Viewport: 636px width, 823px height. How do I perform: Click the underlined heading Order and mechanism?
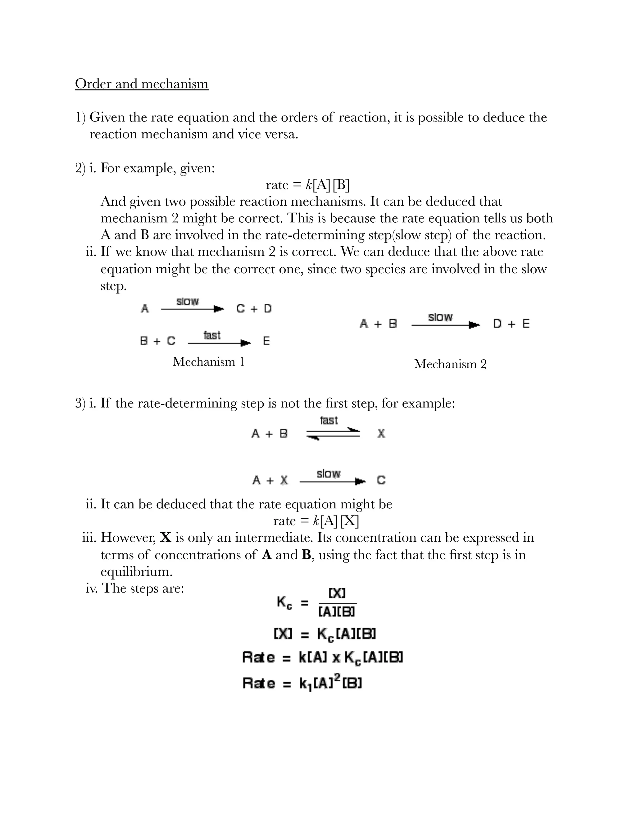point(142,84)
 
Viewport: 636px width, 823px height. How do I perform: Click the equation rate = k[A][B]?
point(307,185)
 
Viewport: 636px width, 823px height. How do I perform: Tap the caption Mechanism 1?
point(208,362)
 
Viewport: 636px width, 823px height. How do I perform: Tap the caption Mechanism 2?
point(450,364)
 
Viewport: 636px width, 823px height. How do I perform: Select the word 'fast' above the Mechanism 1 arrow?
point(212,335)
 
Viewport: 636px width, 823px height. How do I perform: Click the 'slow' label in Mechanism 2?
point(440,317)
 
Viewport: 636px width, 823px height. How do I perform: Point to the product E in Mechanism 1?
point(266,341)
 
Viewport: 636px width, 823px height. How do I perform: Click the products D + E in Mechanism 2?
point(511,324)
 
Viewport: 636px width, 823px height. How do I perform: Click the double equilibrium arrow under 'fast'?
point(333,434)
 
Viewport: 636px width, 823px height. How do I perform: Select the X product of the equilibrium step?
point(381,434)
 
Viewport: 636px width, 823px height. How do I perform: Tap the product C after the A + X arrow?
point(381,480)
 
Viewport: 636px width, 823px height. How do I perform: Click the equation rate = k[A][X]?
point(316,521)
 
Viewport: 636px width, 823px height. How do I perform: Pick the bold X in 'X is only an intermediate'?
point(166,537)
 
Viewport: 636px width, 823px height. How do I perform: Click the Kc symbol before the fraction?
point(284,602)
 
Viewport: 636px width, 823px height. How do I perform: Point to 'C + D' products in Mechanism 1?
point(254,309)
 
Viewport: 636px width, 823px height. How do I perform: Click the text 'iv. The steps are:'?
point(135,588)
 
